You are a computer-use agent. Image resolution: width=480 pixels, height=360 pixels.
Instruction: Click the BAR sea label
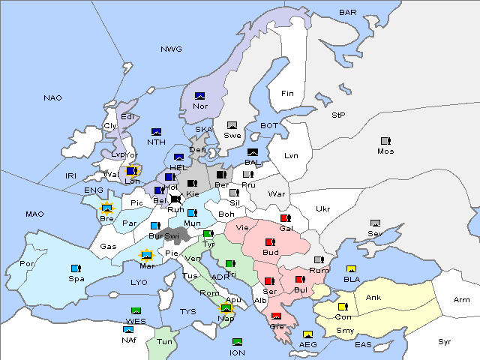point(347,12)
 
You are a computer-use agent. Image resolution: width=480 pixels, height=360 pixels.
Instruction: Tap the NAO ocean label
point(52,97)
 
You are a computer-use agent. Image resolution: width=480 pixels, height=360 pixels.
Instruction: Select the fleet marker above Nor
point(200,95)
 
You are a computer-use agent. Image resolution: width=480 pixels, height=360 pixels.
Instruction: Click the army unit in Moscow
point(385,140)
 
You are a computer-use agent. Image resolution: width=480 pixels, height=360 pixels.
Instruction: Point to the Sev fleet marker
point(375,223)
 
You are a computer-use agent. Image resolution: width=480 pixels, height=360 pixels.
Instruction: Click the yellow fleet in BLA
point(351,269)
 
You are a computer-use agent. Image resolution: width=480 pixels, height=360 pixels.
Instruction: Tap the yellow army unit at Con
point(343,306)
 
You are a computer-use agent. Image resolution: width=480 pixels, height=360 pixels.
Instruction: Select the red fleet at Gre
point(276,316)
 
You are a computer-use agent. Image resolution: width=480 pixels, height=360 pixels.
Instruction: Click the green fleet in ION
point(237,342)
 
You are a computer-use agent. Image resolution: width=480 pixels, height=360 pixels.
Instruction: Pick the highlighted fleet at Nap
point(226,307)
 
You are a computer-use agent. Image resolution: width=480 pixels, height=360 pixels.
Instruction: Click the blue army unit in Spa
point(76,268)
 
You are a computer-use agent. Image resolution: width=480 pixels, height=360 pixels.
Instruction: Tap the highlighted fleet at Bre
point(106,208)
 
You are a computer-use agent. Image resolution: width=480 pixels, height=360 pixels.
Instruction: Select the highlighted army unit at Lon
point(132,171)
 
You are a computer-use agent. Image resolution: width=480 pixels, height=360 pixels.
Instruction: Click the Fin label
point(287,94)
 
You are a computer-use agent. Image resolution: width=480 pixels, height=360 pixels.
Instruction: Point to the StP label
point(338,115)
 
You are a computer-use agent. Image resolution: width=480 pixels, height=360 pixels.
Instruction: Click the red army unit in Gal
point(285,218)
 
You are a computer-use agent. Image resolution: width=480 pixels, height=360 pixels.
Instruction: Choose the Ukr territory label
point(323,208)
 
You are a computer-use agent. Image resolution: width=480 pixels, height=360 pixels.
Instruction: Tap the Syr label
point(445,341)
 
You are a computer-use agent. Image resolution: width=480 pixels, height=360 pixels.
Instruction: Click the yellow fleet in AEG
point(307,334)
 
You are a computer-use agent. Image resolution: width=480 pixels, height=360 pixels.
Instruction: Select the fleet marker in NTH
point(156,132)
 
